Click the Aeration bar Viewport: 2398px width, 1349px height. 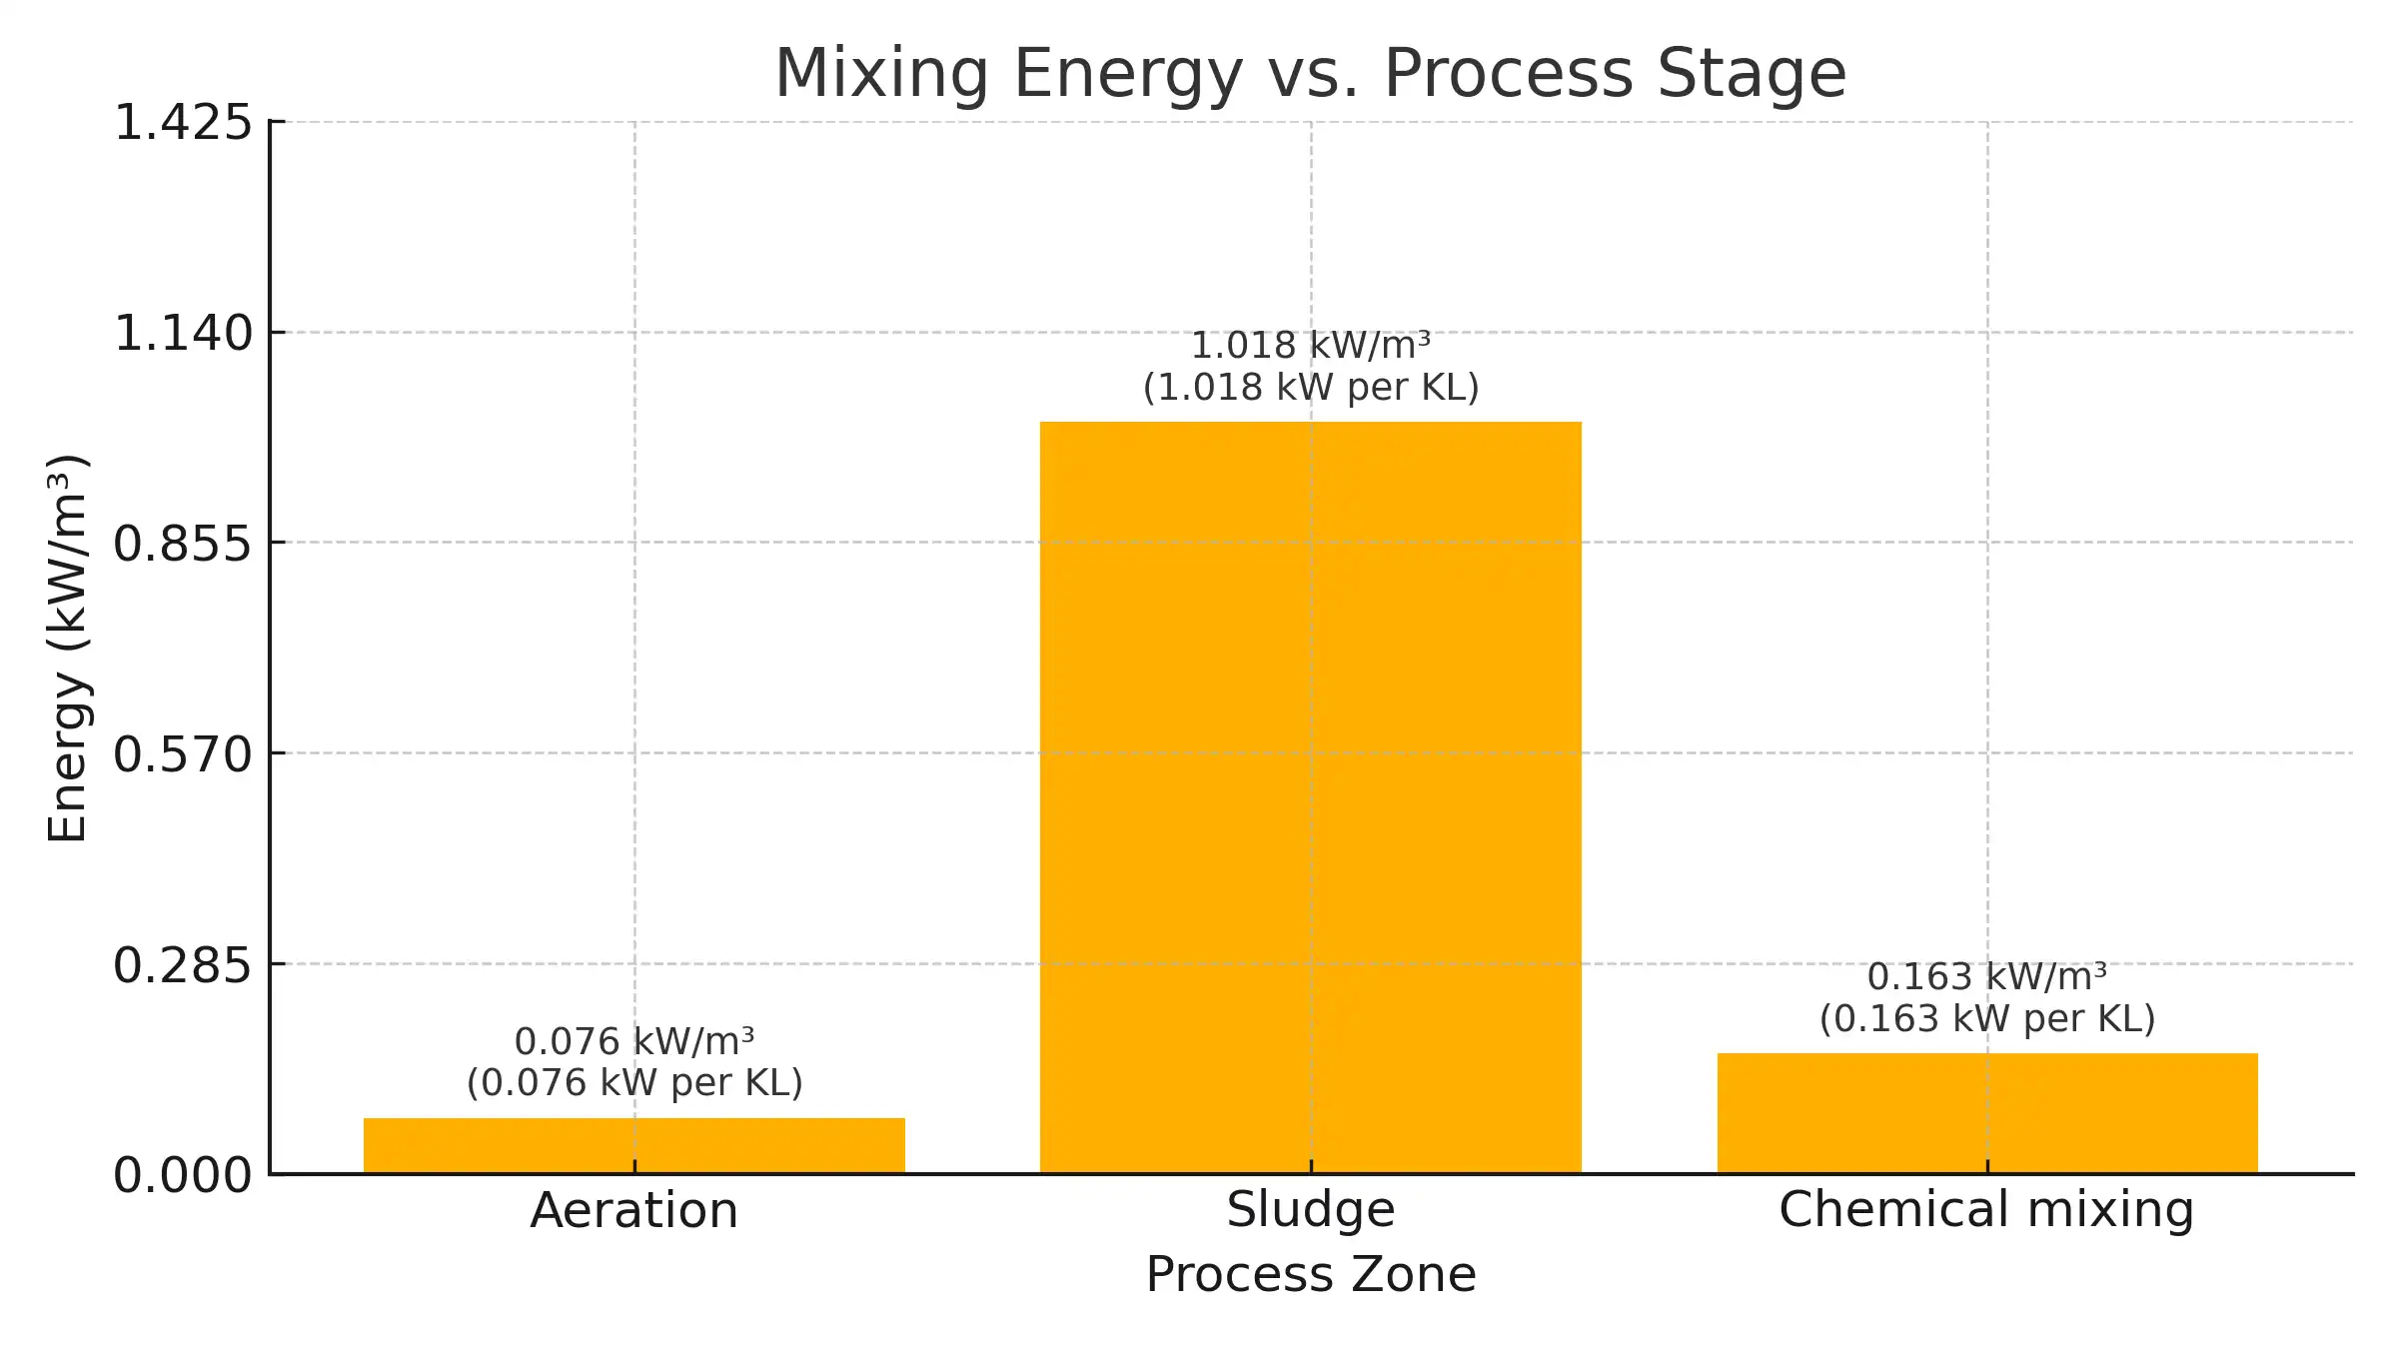tap(633, 1145)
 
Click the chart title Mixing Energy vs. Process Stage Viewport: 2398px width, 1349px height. tap(1310, 73)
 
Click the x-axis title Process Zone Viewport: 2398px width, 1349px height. tap(1310, 1275)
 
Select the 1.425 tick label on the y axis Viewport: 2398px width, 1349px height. tap(183, 123)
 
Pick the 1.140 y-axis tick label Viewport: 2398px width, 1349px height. tap(183, 333)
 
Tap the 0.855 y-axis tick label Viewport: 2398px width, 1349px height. tap(183, 544)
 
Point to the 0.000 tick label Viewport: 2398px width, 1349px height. tap(183, 1175)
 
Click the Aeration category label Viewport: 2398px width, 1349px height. tap(633, 1211)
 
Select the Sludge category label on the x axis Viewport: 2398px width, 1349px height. tap(1310, 1210)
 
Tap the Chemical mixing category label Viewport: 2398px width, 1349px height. tap(1986, 1210)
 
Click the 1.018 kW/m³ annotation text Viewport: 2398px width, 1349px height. tap(1310, 346)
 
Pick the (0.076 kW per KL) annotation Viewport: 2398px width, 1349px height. tap(634, 1083)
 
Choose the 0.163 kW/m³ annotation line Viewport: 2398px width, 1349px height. tap(1986, 976)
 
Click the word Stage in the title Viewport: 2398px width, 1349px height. tap(1752, 73)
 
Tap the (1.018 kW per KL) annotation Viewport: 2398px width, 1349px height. tap(1310, 388)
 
